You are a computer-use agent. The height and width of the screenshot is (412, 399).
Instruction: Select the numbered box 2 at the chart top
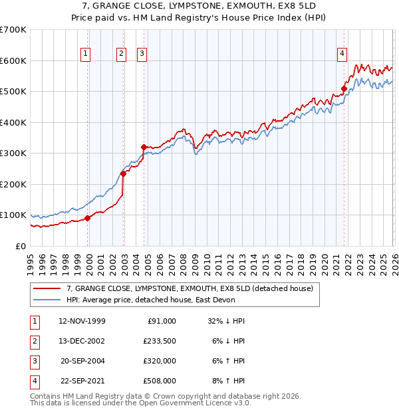tap(122, 54)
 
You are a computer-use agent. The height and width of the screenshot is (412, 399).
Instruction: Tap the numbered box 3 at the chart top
tap(142, 54)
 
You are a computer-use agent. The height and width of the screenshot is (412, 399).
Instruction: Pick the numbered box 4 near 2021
tap(342, 54)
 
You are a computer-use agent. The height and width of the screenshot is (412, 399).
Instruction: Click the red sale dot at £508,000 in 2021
tap(344, 88)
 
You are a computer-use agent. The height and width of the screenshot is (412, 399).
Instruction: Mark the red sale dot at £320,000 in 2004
tap(144, 147)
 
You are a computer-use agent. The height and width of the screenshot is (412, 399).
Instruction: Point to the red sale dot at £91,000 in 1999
tap(87, 218)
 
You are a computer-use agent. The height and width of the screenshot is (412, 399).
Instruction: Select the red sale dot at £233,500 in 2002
tap(123, 174)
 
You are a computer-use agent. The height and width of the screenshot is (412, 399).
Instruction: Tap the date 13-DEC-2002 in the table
tap(82, 340)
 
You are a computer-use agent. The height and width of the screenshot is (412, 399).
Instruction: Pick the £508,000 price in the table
tap(160, 381)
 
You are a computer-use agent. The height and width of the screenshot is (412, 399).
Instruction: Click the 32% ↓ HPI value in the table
tap(227, 320)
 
